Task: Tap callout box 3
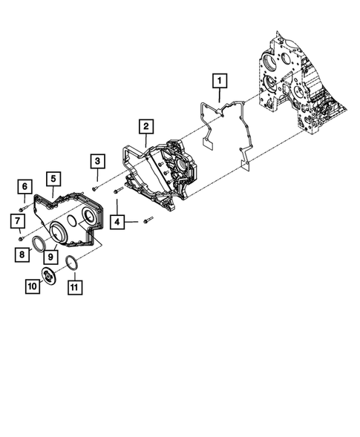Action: point(96,161)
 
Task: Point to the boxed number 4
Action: point(117,221)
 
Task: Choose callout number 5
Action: point(53,178)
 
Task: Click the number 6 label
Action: point(24,185)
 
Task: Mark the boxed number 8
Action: point(24,254)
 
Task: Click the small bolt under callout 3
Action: point(96,188)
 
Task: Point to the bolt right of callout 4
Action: point(148,220)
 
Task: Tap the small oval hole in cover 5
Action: point(71,221)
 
